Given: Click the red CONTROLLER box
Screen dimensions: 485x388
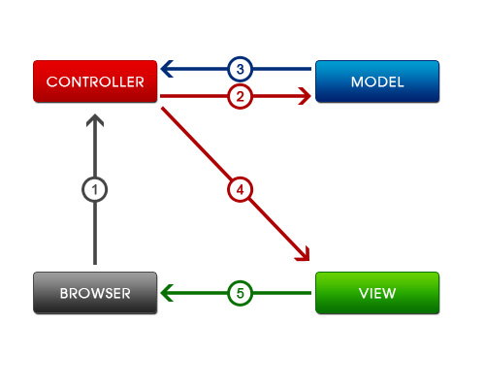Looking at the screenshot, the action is [95, 81].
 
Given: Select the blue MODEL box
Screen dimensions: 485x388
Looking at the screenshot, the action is [377, 81].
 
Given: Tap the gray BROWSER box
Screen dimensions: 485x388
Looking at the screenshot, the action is [95, 293].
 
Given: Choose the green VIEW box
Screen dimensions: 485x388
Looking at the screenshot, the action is [377, 293].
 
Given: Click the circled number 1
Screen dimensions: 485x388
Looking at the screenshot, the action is [95, 190].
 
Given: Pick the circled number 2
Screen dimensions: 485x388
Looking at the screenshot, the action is [240, 96].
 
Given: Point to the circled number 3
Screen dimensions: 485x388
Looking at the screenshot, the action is [240, 69].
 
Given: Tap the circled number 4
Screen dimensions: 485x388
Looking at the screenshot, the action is [240, 190].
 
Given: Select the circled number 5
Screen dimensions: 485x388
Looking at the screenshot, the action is [240, 293].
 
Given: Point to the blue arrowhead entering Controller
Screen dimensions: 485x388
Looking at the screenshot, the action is [167, 69].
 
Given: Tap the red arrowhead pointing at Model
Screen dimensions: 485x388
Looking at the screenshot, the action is [305, 96].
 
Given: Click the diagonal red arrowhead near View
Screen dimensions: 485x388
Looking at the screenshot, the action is [304, 254].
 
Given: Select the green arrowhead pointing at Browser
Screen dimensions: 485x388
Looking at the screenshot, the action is [167, 293].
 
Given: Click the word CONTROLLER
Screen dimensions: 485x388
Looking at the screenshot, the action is [95, 81].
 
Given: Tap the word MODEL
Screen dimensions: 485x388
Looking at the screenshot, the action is [377, 81].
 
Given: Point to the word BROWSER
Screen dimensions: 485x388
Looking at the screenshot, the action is [95, 294].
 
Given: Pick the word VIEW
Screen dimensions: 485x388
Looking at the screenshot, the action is [377, 294].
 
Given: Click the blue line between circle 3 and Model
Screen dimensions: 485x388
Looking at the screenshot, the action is [282, 69].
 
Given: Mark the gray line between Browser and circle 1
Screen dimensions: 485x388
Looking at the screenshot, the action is [95, 234].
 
